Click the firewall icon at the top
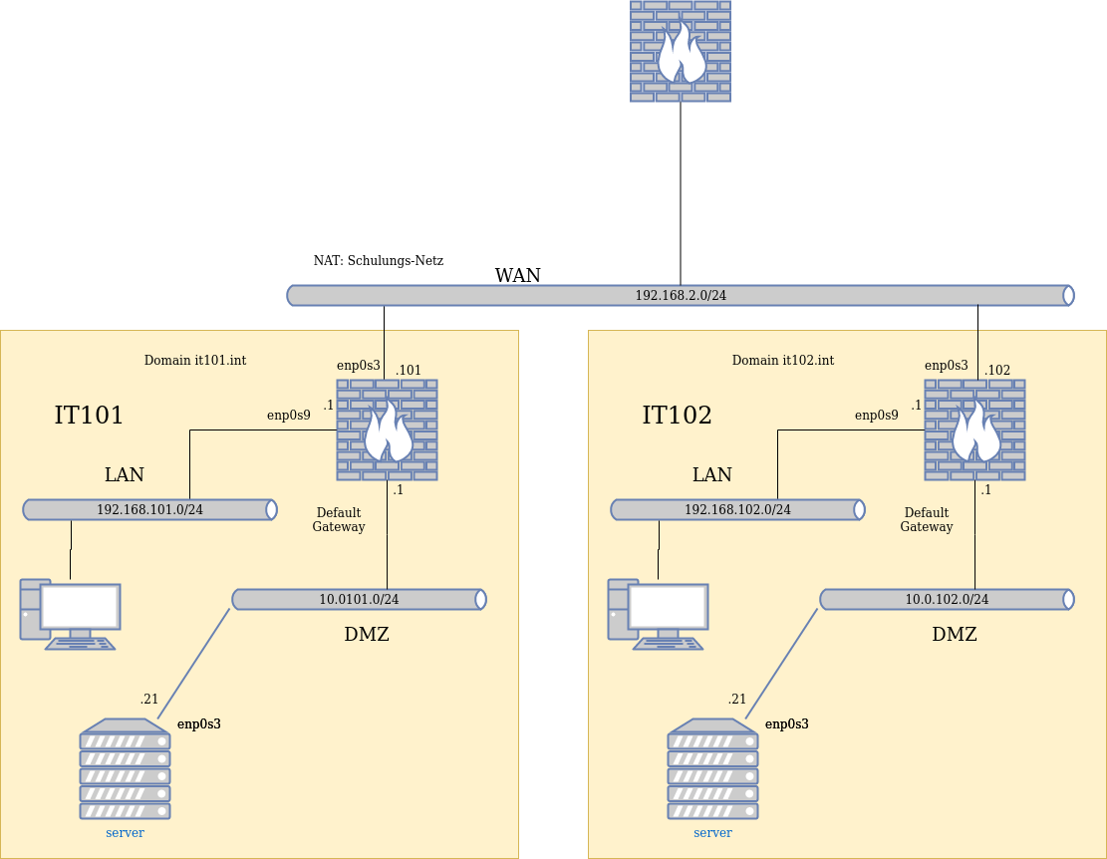(x=681, y=51)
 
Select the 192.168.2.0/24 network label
(x=681, y=296)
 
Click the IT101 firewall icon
(x=387, y=430)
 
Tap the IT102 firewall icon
(x=974, y=430)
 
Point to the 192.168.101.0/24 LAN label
(x=149, y=510)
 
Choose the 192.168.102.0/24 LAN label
(x=737, y=510)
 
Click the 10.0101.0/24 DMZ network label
(x=359, y=600)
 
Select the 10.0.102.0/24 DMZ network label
(x=947, y=600)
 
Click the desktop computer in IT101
(x=71, y=614)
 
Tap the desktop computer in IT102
(x=659, y=614)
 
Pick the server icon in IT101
(x=125, y=769)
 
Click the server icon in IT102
(x=712, y=769)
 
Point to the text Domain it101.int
(x=195, y=361)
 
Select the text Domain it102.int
(x=783, y=361)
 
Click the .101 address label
(x=409, y=371)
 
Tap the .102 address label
(x=997, y=371)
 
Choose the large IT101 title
(x=89, y=416)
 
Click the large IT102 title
(x=677, y=416)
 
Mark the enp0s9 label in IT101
(x=289, y=416)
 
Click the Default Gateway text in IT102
(x=927, y=520)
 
